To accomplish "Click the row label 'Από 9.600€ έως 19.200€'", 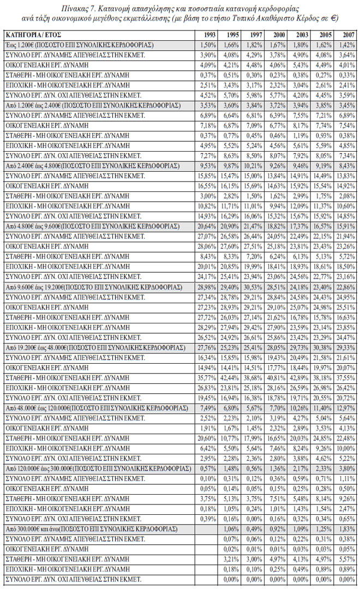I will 93,286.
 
